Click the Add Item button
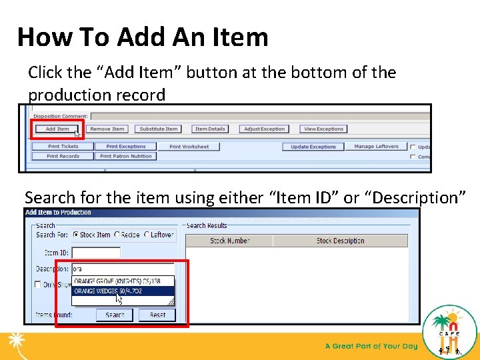[57, 129]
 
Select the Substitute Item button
[159, 129]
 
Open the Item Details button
[210, 129]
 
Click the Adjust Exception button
[264, 129]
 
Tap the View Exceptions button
[323, 129]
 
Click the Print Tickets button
[63, 146]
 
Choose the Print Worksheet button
[189, 147]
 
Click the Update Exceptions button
[313, 147]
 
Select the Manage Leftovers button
[376, 146]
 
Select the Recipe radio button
[117, 235]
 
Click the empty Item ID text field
[96, 253]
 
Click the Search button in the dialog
[115, 315]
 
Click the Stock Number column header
[230, 241]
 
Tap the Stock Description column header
[340, 241]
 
